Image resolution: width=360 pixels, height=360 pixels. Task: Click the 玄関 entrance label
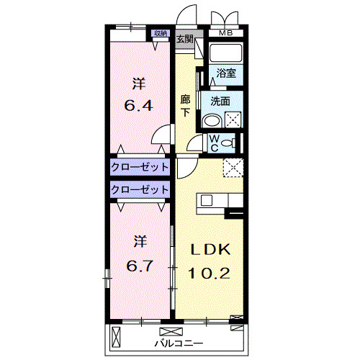[x=185, y=38]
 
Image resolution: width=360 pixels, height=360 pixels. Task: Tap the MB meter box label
[x=226, y=33]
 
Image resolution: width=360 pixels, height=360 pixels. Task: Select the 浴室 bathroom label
[x=226, y=73]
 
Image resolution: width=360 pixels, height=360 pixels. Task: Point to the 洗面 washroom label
[x=220, y=102]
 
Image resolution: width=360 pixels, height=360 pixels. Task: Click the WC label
[x=215, y=143]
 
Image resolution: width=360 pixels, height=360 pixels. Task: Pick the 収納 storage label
[x=161, y=33]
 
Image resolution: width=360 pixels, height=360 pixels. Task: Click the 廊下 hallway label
[x=185, y=106]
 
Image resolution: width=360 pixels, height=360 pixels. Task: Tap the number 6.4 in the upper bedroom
[x=138, y=106]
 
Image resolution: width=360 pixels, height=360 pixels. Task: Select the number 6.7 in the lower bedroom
[x=140, y=266]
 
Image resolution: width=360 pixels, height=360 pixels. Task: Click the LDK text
[x=210, y=250]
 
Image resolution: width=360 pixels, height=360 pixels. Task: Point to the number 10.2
[x=209, y=273]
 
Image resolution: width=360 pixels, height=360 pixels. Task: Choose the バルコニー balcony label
[x=179, y=343]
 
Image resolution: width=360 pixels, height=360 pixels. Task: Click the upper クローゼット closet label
[x=140, y=167]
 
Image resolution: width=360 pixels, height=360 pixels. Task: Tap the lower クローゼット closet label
[x=140, y=190]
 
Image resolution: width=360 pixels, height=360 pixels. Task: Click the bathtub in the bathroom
[x=225, y=53]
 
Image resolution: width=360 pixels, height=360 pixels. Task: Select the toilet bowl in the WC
[x=228, y=143]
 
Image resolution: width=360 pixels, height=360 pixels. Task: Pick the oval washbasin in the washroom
[x=212, y=121]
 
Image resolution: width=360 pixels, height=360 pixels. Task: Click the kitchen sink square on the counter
[x=207, y=200]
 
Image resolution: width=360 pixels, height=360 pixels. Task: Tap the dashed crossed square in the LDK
[x=233, y=168]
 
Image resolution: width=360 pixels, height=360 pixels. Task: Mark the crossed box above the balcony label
[x=171, y=332]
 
